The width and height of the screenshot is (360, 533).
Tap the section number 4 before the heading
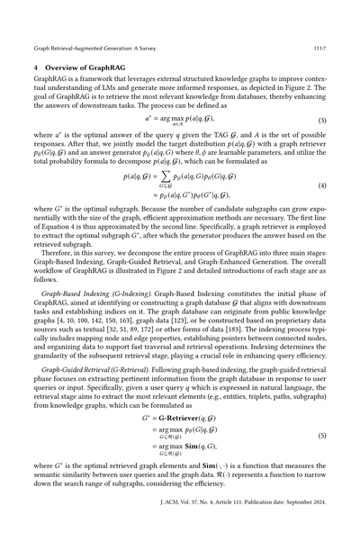tap(34, 67)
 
